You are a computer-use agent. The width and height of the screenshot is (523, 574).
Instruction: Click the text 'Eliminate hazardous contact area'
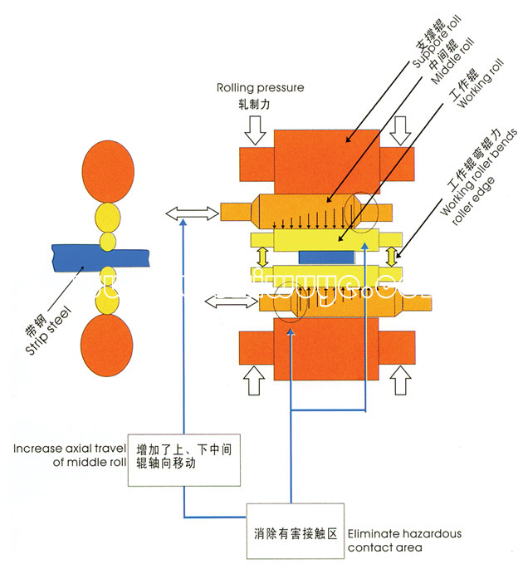click(x=403, y=540)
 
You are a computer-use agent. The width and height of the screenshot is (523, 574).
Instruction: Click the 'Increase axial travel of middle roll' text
click(x=68, y=456)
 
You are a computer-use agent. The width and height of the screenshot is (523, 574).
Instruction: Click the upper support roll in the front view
click(x=324, y=157)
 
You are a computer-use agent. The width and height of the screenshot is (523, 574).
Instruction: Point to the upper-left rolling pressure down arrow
click(x=256, y=127)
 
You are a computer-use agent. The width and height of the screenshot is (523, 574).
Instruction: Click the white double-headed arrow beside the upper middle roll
click(x=186, y=214)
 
